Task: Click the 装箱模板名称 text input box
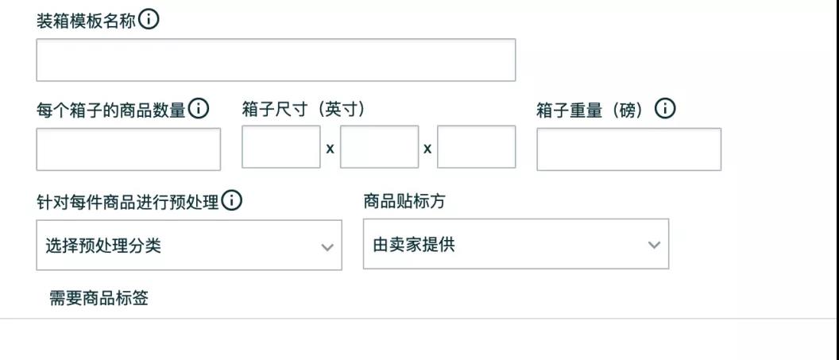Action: pyautogui.click(x=276, y=60)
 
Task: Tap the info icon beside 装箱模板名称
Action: pyautogui.click(x=149, y=21)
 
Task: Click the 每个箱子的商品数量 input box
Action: pyautogui.click(x=129, y=149)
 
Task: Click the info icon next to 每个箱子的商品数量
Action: pyautogui.click(x=199, y=109)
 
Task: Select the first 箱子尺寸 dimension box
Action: pyautogui.click(x=281, y=146)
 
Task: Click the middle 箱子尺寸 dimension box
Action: pyautogui.click(x=379, y=146)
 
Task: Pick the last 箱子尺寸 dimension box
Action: pyautogui.click(x=476, y=146)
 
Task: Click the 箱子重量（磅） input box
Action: pyautogui.click(x=628, y=149)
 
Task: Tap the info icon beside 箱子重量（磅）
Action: pyautogui.click(x=665, y=109)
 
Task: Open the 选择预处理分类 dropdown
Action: pyautogui.click(x=189, y=245)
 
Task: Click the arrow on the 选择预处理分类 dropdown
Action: pyautogui.click(x=327, y=247)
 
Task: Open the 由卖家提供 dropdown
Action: pyautogui.click(x=516, y=244)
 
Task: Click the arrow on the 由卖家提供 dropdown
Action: pyautogui.click(x=654, y=245)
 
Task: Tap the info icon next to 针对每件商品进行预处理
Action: pyautogui.click(x=232, y=201)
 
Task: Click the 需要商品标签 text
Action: pyautogui.click(x=99, y=299)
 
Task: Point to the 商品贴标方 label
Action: pyautogui.click(x=404, y=202)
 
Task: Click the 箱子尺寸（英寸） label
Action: pyautogui.click(x=304, y=110)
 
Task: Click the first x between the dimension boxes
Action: pyautogui.click(x=331, y=149)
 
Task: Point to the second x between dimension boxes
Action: pyautogui.click(x=427, y=149)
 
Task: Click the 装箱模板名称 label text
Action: pyautogui.click(x=86, y=21)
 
